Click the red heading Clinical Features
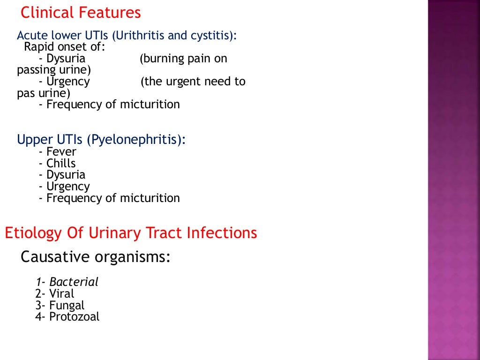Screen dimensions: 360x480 (x=81, y=13)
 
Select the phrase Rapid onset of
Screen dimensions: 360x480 (x=65, y=47)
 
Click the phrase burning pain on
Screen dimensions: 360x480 (x=183, y=59)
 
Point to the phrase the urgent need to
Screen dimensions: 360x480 (x=193, y=82)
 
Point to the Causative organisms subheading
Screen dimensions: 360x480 (x=96, y=257)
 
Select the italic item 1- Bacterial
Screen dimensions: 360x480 (x=67, y=282)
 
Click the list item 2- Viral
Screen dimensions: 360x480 (x=54, y=294)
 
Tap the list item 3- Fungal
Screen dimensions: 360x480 (x=60, y=306)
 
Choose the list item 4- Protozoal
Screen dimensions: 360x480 (x=67, y=317)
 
